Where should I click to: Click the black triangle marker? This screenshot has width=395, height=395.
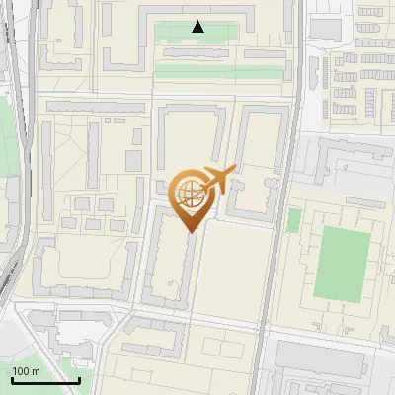tap(198, 27)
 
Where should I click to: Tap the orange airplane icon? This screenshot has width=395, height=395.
tap(218, 179)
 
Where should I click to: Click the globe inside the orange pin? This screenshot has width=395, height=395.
tap(190, 192)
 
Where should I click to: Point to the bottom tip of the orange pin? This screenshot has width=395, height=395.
tap(190, 232)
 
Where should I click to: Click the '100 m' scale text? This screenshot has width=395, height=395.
tap(26, 371)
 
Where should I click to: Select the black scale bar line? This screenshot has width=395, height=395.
tap(45, 381)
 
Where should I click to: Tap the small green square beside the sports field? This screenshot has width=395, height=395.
tap(293, 220)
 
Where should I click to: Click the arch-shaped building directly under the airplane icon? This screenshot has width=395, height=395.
tap(262, 163)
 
